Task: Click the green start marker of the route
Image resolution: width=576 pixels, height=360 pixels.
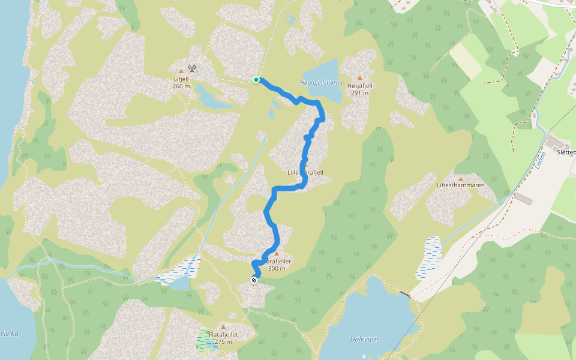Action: (x=256, y=79)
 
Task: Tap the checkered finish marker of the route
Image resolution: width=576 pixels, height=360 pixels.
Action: (x=254, y=280)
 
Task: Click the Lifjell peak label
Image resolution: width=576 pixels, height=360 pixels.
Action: (x=181, y=79)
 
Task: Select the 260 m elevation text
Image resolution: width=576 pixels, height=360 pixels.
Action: (x=181, y=86)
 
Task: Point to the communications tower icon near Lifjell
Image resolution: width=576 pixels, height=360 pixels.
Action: (x=192, y=68)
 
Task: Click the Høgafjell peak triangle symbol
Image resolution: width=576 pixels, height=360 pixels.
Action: (x=360, y=78)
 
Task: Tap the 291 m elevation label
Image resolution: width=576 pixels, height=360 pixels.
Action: (x=360, y=93)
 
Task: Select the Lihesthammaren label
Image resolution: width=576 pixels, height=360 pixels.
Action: (x=461, y=186)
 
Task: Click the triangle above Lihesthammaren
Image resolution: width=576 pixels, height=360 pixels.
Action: (x=461, y=179)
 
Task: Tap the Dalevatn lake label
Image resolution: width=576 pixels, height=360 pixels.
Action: (x=364, y=339)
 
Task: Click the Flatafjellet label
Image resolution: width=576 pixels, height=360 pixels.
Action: (x=223, y=335)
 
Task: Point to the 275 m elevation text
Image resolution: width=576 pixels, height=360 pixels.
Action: (x=223, y=342)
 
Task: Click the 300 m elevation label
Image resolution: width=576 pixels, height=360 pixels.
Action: (x=277, y=268)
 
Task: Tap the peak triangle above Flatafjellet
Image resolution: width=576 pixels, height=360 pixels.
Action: (x=223, y=327)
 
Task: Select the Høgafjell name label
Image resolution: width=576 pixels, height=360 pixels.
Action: (x=360, y=86)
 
